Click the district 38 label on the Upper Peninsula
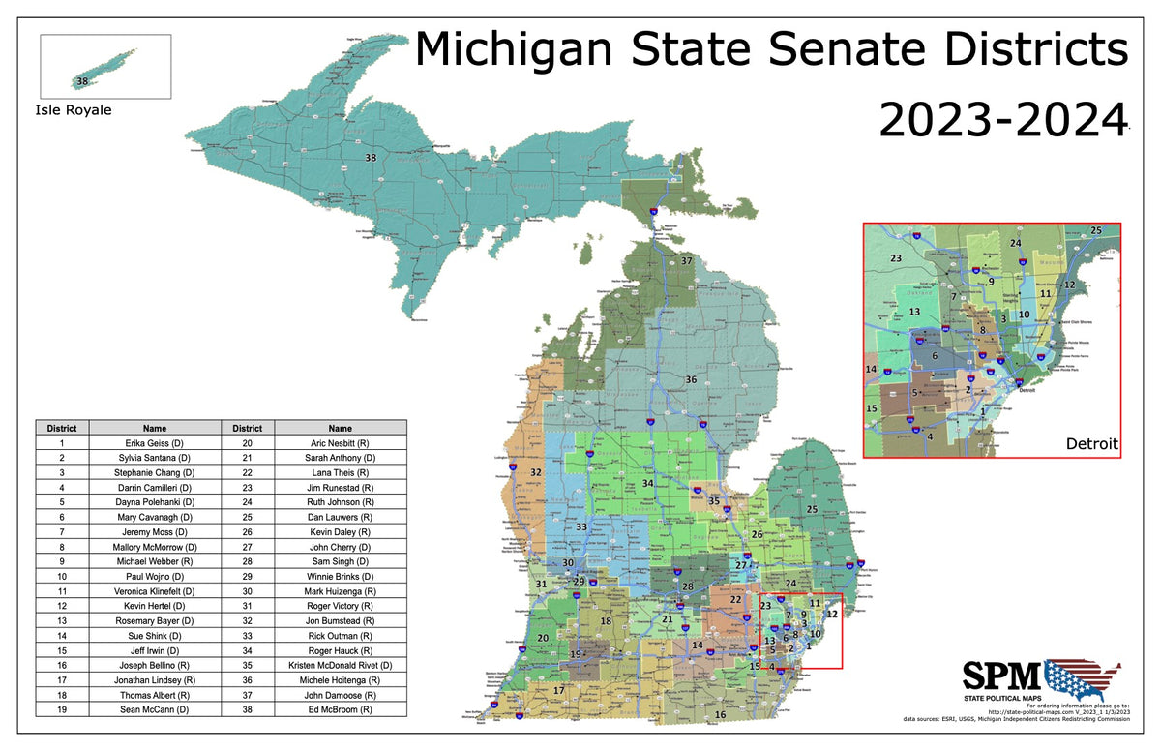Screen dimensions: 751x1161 [370, 157]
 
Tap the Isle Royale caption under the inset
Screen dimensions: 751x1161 [74, 110]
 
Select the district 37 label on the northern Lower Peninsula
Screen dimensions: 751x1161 [686, 261]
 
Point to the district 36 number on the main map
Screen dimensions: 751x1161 [691, 379]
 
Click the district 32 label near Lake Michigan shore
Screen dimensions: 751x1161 [535, 472]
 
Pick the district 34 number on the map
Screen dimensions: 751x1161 [647, 483]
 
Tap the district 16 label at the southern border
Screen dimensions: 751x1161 [720, 715]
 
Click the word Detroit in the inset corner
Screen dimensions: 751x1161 [1092, 444]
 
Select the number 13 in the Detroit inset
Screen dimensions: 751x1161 [914, 313]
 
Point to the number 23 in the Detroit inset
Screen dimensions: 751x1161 [896, 258]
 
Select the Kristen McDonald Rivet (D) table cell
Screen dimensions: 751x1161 [340, 666]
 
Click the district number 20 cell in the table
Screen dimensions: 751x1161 [247, 442]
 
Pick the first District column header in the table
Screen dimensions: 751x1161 [62, 428]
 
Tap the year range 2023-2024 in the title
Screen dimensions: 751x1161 [1002, 121]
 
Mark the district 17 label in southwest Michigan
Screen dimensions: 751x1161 [558, 690]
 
